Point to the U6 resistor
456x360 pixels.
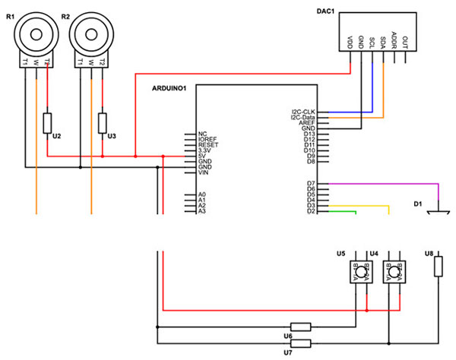pos(301,327)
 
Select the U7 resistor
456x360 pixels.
pos(301,343)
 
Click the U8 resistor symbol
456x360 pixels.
pos(438,266)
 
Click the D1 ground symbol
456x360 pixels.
pos(438,213)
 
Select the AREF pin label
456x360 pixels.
pos(307,123)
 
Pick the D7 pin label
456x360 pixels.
pos(309,184)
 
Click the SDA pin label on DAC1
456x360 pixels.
pos(384,39)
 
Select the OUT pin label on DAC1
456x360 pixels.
pos(406,38)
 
